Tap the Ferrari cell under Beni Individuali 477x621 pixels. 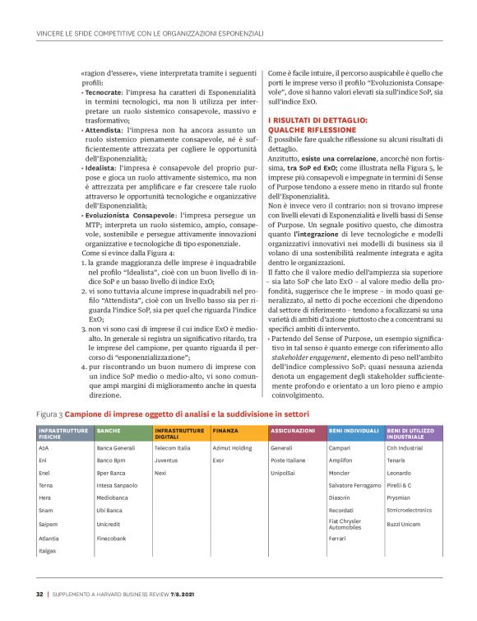click(338, 538)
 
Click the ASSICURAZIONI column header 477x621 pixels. click(292, 431)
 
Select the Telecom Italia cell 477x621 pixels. click(172, 448)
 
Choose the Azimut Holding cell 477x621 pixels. click(232, 448)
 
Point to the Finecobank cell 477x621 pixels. click(112, 538)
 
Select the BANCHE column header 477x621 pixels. click(109, 431)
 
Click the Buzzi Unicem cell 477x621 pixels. click(404, 525)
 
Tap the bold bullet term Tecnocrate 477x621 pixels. click(105, 95)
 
